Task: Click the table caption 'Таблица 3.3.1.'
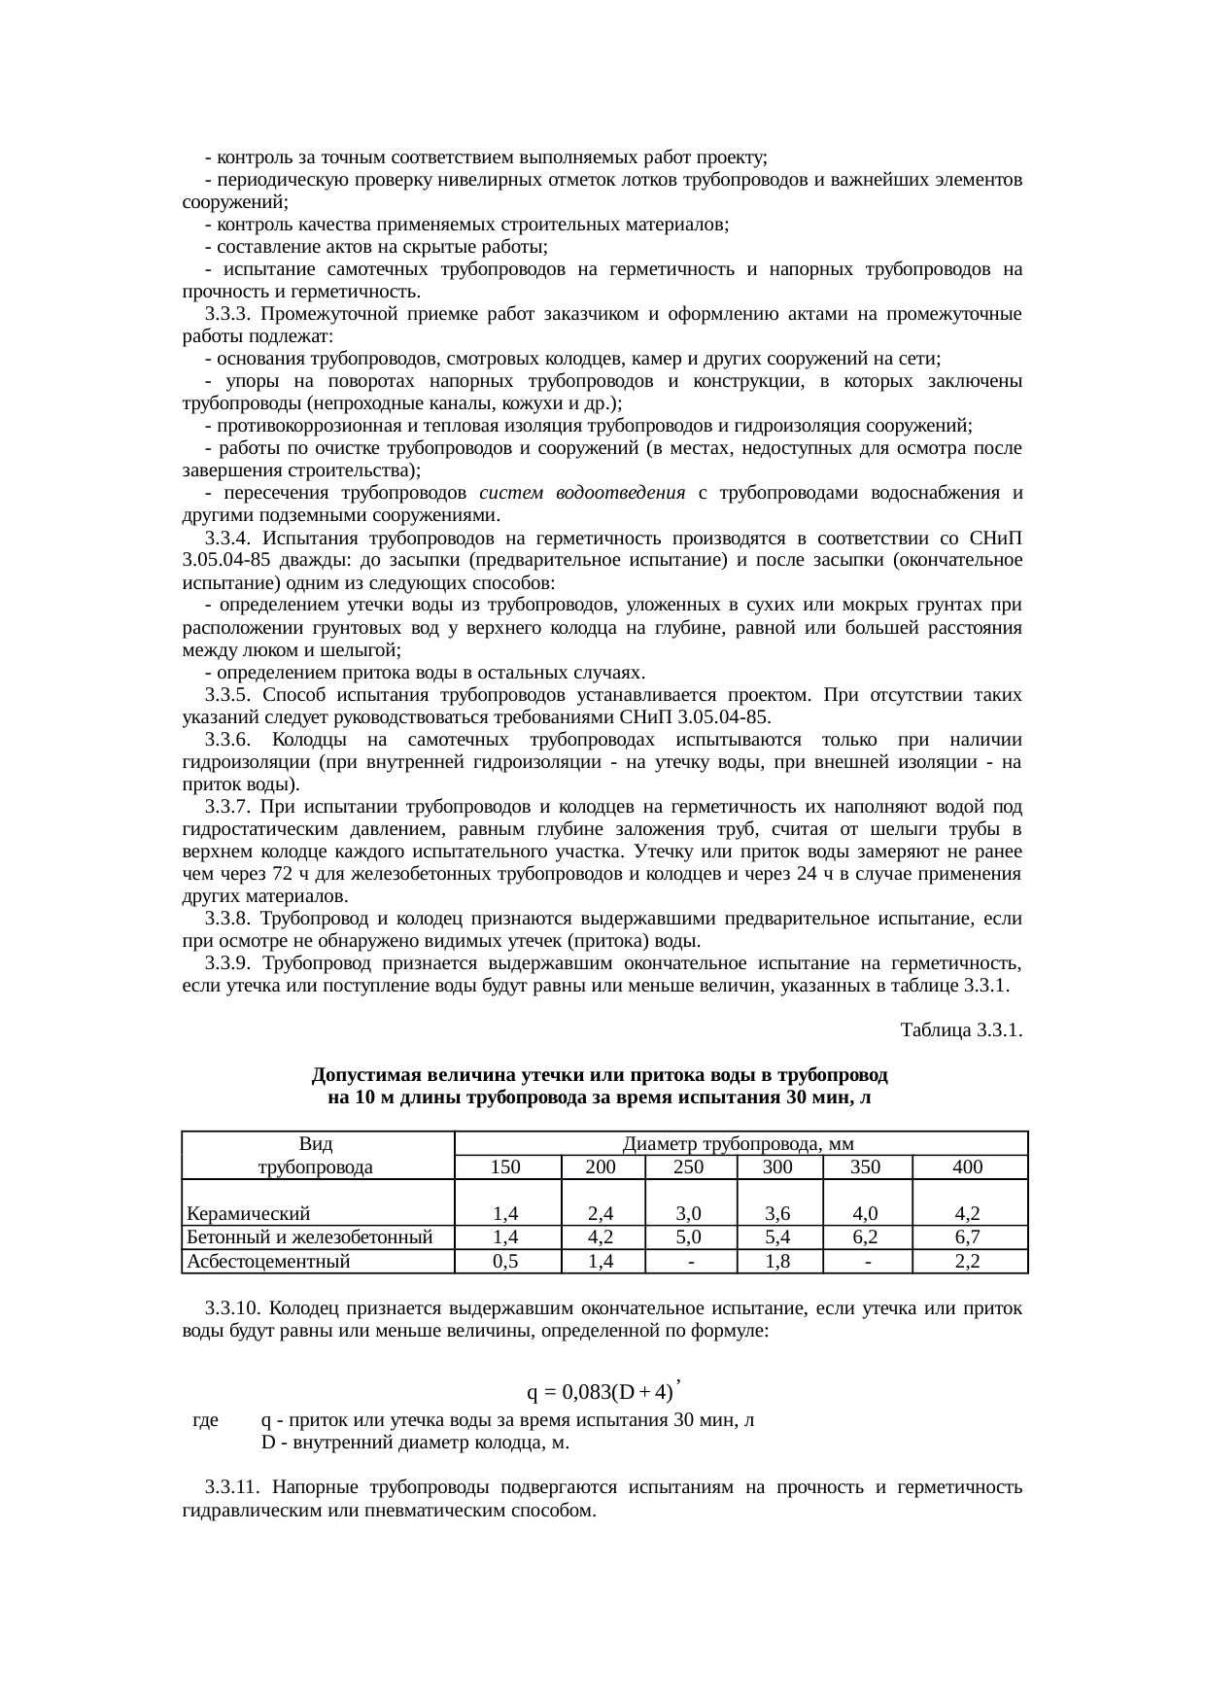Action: pos(961,1029)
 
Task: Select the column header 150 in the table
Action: pos(505,1167)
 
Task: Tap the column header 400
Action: pos(968,1167)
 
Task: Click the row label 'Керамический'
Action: pos(249,1214)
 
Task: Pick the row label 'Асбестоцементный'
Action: pos(268,1262)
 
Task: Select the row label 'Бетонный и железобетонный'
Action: pos(309,1237)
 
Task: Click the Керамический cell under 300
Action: pos(777,1214)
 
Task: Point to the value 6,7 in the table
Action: pos(967,1237)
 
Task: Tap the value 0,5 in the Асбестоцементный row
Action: pos(505,1262)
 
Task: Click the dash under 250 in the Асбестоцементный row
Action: pos(690,1262)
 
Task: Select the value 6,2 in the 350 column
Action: pos(865,1237)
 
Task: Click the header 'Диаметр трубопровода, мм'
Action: pos(740,1144)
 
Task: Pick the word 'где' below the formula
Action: pos(205,1420)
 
